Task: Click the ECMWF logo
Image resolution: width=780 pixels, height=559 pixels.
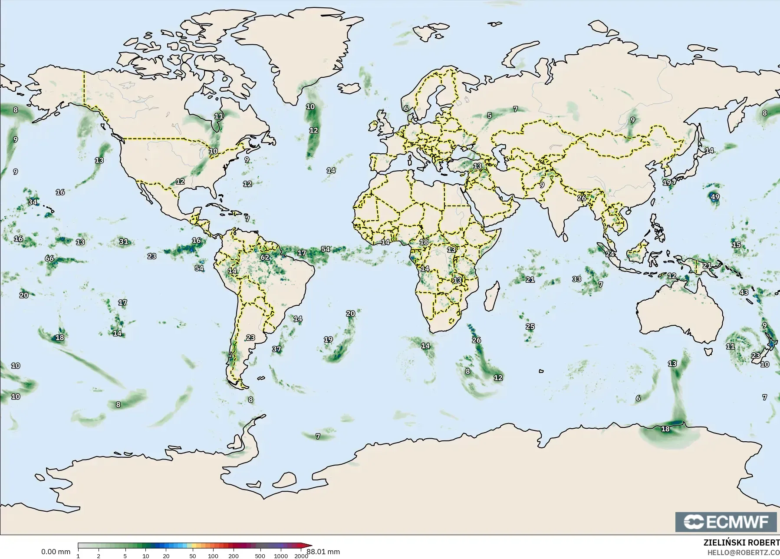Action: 726,522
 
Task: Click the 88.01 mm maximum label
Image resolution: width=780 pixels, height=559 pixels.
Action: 323,552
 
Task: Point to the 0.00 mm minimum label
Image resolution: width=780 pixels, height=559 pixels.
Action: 56,552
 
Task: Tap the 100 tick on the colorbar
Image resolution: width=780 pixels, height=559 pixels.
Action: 213,556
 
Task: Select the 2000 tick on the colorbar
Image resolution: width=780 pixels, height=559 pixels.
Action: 301,556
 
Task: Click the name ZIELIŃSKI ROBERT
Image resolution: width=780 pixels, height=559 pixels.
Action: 741,543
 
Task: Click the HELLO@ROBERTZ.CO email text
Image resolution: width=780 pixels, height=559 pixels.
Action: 743,552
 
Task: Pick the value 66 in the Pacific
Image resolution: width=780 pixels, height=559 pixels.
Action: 49,258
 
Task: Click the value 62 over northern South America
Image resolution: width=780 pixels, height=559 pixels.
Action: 265,257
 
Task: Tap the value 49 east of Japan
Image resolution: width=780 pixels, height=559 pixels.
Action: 715,197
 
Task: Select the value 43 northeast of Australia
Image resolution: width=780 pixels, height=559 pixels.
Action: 744,292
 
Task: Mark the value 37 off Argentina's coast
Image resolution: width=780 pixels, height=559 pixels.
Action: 276,349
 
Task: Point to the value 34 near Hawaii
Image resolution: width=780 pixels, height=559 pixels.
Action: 33,202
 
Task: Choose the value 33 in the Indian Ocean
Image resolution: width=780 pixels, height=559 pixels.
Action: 576,279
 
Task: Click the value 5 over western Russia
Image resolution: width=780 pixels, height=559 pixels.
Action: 489,116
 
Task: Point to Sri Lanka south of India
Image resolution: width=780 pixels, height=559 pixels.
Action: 565,237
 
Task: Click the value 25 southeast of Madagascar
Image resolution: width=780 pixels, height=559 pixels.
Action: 530,327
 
